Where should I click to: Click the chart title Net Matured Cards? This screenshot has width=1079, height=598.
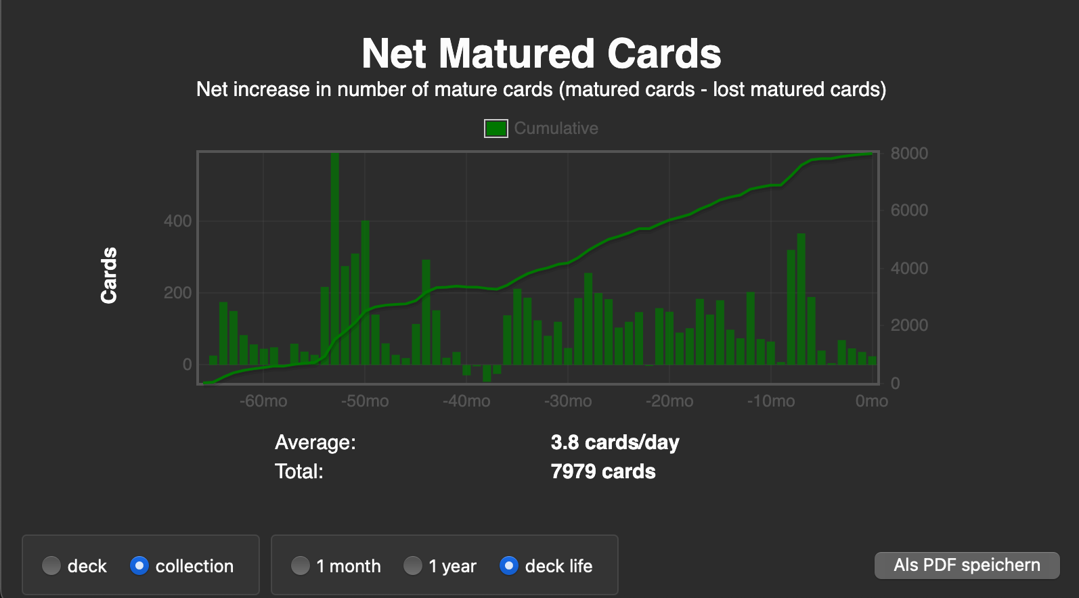(541, 53)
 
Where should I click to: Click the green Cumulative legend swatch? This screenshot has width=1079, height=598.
(496, 128)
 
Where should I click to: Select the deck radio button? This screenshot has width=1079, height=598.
(51, 566)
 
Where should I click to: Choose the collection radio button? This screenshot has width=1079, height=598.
(139, 566)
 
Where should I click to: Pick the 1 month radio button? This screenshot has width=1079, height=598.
(301, 566)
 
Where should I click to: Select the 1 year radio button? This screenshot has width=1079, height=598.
(413, 566)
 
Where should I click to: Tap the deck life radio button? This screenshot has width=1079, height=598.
(509, 566)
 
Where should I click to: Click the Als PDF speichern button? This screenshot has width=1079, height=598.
(967, 565)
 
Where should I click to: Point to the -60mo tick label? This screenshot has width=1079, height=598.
(263, 401)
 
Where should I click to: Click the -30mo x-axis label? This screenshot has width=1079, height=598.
(568, 401)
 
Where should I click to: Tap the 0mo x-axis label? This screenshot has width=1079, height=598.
(871, 401)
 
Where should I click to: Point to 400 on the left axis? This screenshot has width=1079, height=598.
(177, 221)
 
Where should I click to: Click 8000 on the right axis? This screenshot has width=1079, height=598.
(909, 154)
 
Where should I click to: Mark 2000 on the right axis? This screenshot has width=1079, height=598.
(909, 325)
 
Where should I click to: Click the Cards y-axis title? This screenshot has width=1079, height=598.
(109, 275)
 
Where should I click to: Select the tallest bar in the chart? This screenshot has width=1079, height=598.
(335, 257)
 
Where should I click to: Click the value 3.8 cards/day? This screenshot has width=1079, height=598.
(615, 442)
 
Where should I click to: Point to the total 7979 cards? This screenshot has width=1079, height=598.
(603, 471)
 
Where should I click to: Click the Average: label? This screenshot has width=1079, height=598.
(315, 442)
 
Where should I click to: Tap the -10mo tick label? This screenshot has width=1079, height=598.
(771, 401)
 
